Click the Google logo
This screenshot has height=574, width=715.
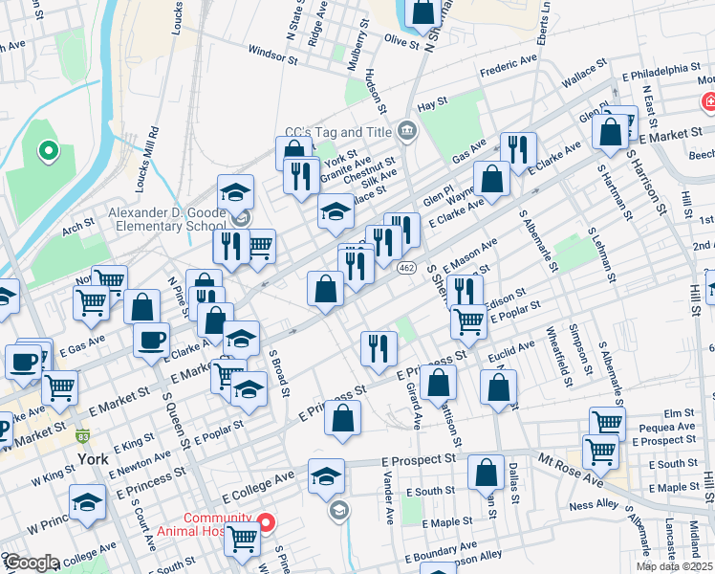tap(31, 563)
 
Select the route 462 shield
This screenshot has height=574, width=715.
tap(406, 268)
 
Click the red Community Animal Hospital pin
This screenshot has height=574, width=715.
tap(267, 522)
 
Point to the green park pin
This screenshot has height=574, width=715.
tap(46, 150)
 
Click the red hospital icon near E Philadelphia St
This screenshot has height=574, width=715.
tap(708, 101)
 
